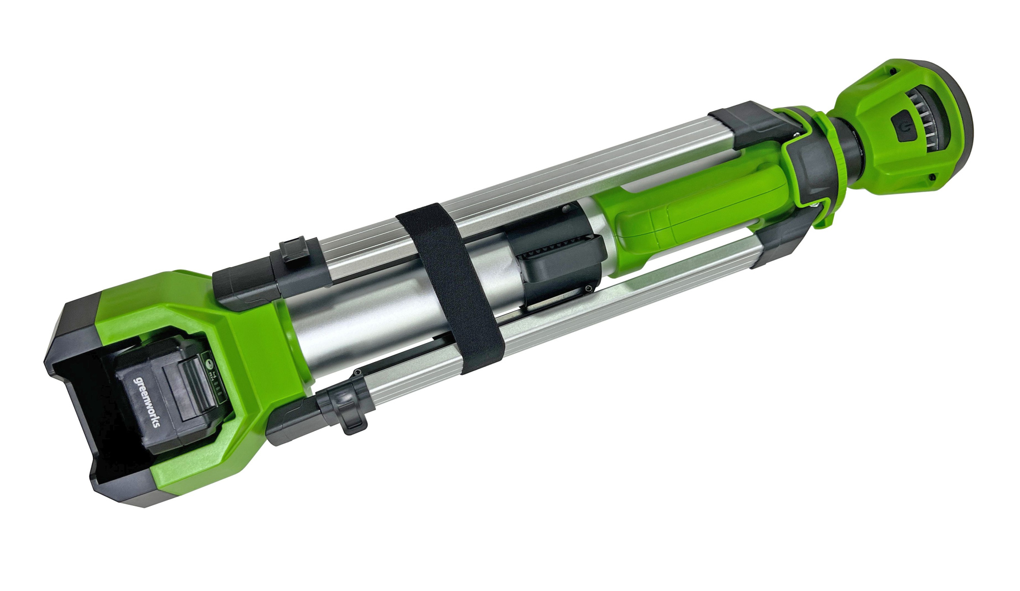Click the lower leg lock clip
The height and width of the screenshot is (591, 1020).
pyautogui.click(x=347, y=408)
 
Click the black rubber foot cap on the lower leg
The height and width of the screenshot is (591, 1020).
pyautogui.click(x=291, y=418)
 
